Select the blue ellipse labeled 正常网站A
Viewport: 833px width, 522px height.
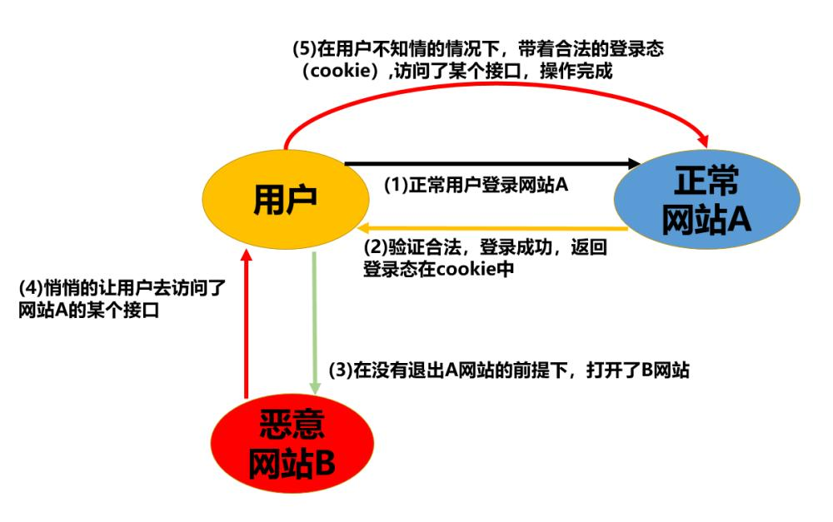coord(707,201)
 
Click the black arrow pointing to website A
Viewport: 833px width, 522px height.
coord(491,163)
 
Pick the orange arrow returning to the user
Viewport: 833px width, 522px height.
coord(491,227)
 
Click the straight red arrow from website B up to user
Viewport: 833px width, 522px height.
coord(246,325)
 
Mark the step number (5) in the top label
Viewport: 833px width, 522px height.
coord(304,49)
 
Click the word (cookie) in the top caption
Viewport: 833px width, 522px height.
coord(338,72)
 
